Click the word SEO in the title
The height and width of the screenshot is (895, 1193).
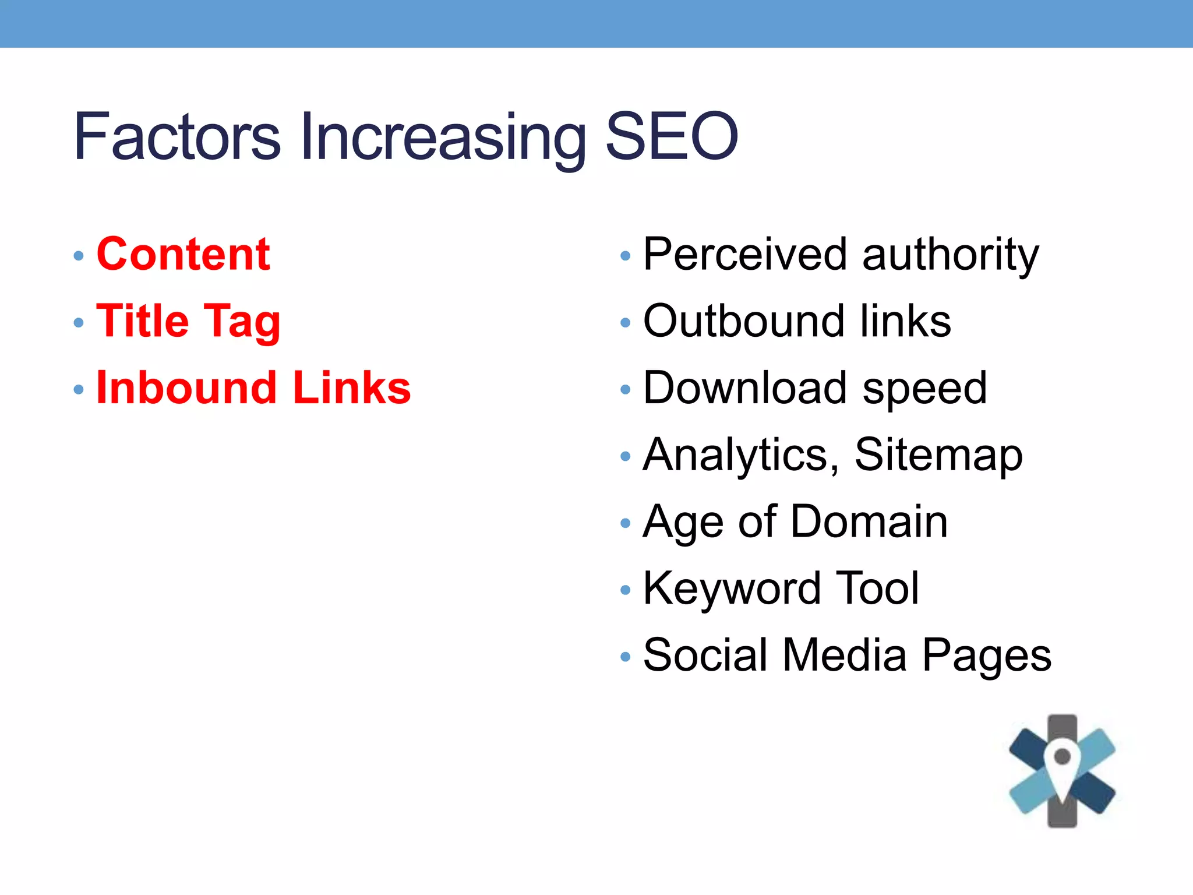point(672,136)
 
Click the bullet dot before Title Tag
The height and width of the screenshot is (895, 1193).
point(79,323)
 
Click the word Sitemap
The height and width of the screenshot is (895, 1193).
point(938,456)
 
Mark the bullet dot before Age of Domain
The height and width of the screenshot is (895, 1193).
point(626,523)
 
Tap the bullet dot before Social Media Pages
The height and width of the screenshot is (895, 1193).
point(626,657)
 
